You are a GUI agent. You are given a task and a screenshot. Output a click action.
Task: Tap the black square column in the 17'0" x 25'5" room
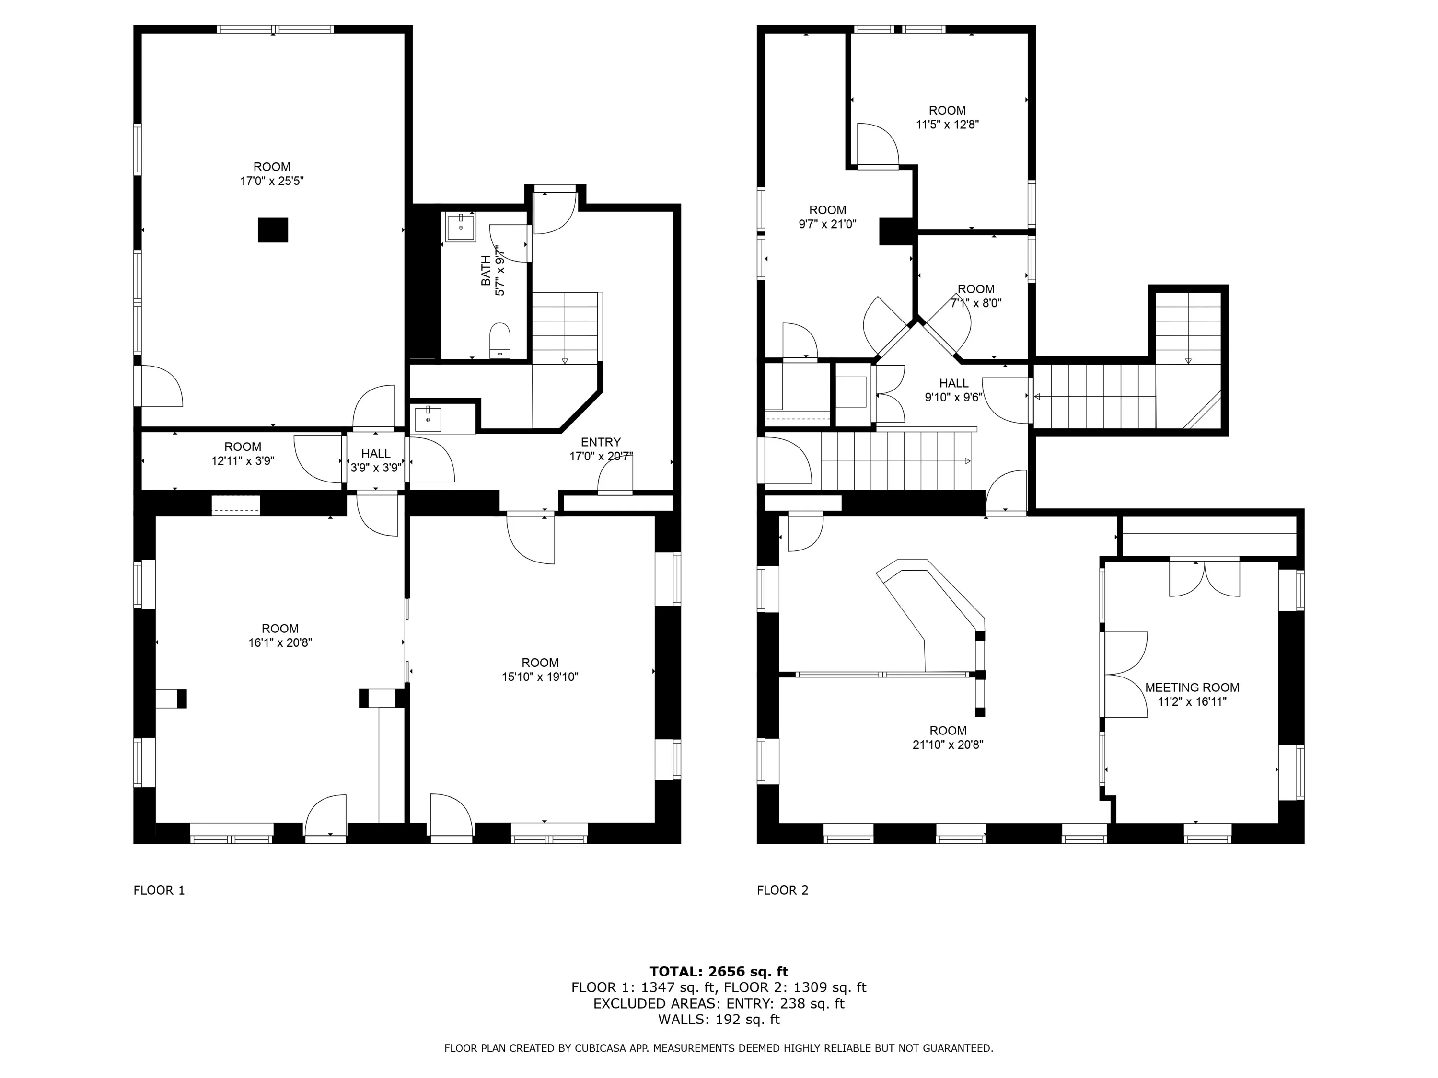click(273, 230)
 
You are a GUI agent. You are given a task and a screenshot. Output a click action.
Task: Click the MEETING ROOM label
click(1192, 688)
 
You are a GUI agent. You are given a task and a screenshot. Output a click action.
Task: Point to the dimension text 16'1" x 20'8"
click(280, 642)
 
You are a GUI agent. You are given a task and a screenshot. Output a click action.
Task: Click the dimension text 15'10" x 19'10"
click(540, 677)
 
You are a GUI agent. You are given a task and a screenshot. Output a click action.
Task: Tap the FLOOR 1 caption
click(159, 890)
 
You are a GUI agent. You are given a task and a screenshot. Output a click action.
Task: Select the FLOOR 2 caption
click(783, 890)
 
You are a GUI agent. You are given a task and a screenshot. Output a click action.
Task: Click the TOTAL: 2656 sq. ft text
click(719, 972)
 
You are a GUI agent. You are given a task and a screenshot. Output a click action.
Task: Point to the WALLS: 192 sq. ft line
click(719, 1020)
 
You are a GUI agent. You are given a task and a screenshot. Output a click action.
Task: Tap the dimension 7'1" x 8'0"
click(976, 303)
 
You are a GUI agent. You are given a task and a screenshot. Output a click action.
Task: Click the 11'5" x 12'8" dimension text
click(947, 125)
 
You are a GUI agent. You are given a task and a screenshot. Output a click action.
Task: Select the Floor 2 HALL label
click(954, 383)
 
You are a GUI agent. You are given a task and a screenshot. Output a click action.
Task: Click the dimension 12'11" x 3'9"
click(243, 461)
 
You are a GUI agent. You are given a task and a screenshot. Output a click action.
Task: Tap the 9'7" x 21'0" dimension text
click(827, 224)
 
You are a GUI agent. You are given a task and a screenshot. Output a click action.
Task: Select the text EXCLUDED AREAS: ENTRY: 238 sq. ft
click(719, 1003)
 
